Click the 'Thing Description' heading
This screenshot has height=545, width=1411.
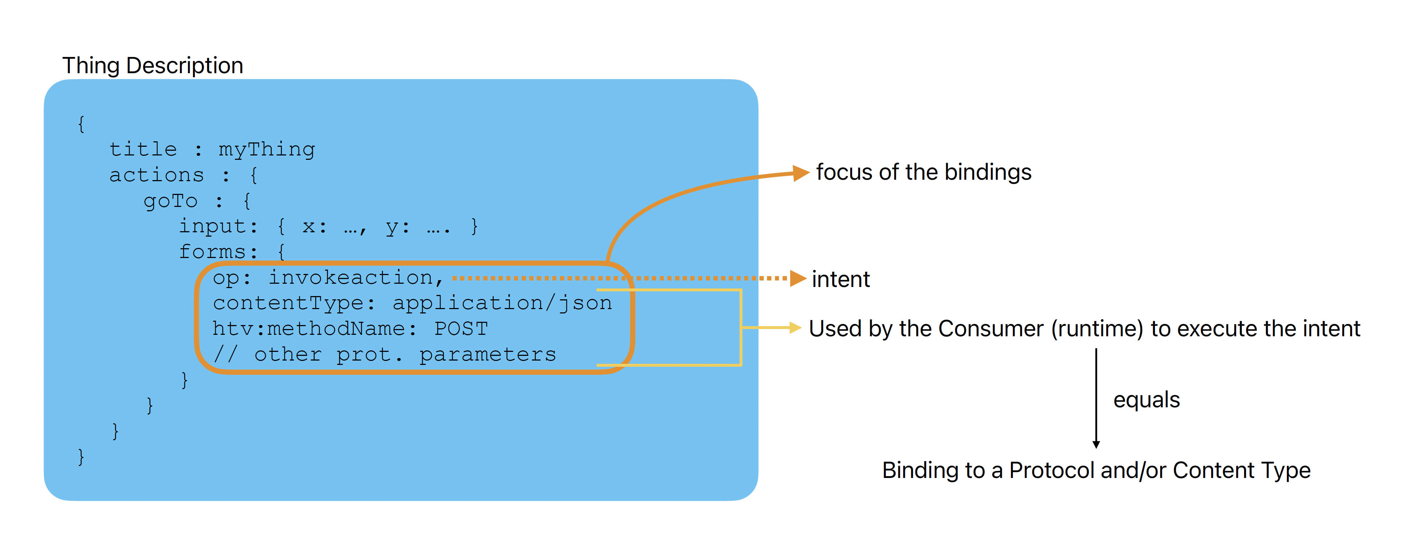152,66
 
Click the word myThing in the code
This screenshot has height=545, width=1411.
267,149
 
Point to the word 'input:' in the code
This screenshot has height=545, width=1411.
218,226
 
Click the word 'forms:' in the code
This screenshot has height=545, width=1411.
218,252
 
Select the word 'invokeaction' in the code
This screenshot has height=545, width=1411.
350,278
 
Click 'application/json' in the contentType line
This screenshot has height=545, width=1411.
502,303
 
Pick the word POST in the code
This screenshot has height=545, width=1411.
461,328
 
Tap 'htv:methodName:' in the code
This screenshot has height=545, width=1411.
314,328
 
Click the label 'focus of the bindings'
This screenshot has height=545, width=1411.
923,172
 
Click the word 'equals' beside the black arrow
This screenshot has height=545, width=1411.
1146,400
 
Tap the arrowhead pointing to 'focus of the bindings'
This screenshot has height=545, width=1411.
801,173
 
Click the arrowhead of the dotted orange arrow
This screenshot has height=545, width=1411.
798,279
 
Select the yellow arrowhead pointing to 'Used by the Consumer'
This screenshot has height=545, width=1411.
795,328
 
